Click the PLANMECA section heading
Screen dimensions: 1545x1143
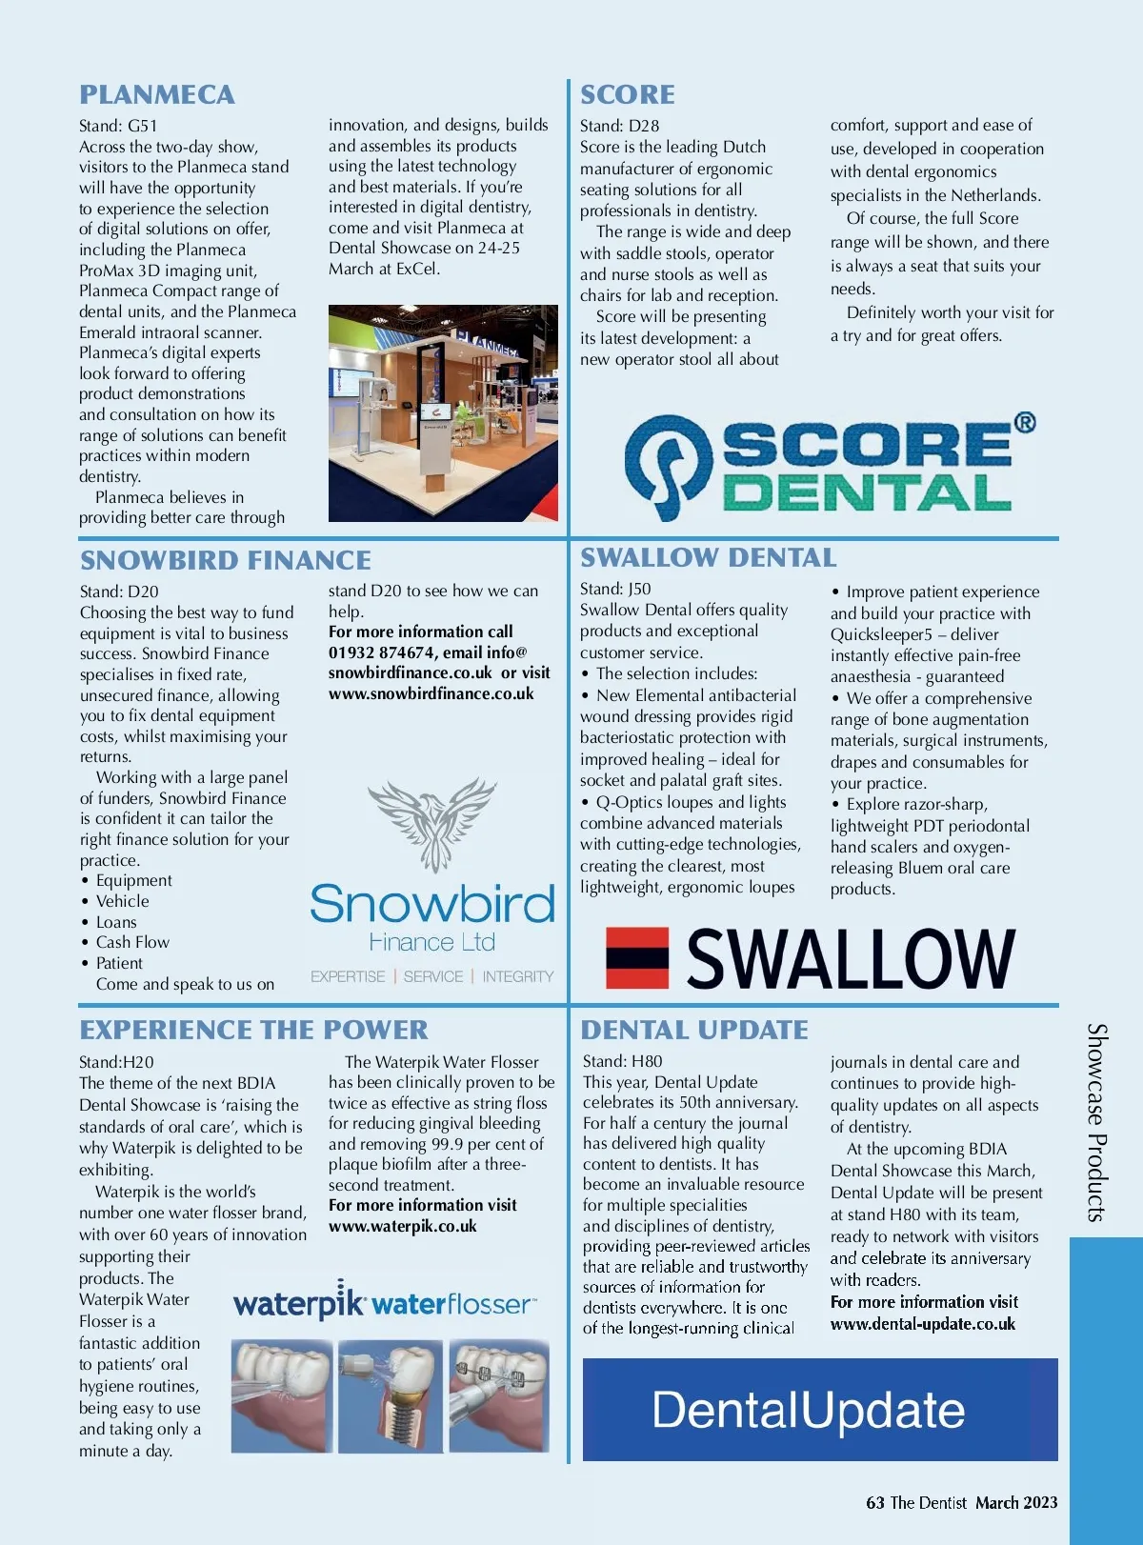tap(157, 94)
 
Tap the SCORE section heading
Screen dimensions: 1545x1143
tap(628, 94)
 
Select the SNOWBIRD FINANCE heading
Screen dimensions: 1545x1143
tap(226, 560)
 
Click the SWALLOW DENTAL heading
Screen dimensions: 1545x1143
tap(709, 557)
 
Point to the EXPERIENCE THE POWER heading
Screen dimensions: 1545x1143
tap(253, 1030)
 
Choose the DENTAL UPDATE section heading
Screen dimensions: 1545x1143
tap(694, 1030)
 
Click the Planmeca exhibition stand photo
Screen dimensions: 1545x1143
tap(443, 412)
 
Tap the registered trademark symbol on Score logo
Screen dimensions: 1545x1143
tap(1024, 422)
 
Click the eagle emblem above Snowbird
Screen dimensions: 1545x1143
tap(431, 822)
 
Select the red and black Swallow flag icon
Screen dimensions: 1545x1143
tap(637, 958)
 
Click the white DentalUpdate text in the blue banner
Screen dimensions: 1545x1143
tap(808, 1410)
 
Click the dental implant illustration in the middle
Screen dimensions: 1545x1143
tap(391, 1395)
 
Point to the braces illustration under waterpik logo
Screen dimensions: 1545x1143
tap(499, 1395)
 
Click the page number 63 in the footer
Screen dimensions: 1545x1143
tap(874, 1502)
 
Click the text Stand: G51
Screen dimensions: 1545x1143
tap(118, 126)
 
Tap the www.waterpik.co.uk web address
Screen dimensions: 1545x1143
tap(402, 1226)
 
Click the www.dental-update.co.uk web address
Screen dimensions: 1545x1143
tap(922, 1324)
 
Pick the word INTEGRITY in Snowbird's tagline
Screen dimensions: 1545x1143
tap(517, 976)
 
